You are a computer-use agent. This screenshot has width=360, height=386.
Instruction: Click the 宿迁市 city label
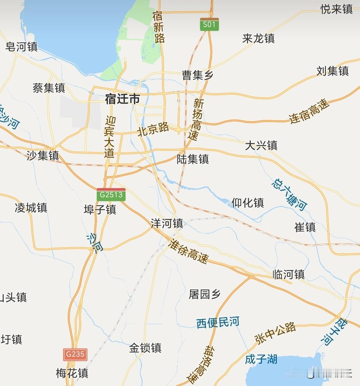coord(122,99)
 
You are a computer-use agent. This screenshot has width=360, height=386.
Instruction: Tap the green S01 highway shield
coord(209,24)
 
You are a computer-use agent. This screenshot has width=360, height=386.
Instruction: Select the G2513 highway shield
coord(111,195)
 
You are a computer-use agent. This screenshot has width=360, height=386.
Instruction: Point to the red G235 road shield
coord(75,354)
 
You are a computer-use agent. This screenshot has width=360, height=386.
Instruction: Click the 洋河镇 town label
coord(167,223)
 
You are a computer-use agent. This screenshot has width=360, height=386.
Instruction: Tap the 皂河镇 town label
coord(21,46)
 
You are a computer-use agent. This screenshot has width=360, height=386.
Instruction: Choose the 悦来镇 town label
coord(337,9)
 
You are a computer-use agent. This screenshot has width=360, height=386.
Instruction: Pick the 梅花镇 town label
coord(72,373)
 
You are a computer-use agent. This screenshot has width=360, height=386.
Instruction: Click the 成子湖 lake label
coord(261,359)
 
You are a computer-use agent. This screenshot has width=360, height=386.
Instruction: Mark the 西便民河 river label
coord(218,323)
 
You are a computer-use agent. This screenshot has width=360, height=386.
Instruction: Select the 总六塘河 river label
coord(289,195)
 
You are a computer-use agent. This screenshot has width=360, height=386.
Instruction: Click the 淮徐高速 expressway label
coord(189,251)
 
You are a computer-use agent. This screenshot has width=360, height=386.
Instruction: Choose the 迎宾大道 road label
coord(109,137)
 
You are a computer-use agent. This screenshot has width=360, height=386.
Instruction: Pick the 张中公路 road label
coord(276,333)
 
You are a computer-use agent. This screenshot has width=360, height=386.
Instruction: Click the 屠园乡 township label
coord(205,294)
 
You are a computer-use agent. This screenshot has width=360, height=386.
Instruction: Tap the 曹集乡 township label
coord(197,75)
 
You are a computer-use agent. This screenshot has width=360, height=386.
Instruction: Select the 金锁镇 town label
coord(145,348)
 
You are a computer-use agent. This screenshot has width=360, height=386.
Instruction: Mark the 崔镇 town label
coord(305,227)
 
